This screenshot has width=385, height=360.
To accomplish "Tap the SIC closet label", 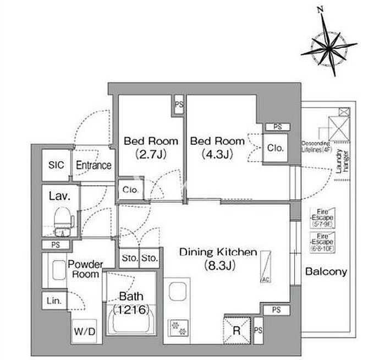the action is [x=56, y=165].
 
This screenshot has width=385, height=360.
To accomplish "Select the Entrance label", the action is [x=93, y=165].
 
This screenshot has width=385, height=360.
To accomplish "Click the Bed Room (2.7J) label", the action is [x=143, y=147].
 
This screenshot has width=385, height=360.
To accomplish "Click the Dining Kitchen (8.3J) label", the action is [x=218, y=259].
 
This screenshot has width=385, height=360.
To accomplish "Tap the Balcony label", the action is [x=326, y=271].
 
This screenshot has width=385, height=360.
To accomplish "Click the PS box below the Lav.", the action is [x=56, y=245].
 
